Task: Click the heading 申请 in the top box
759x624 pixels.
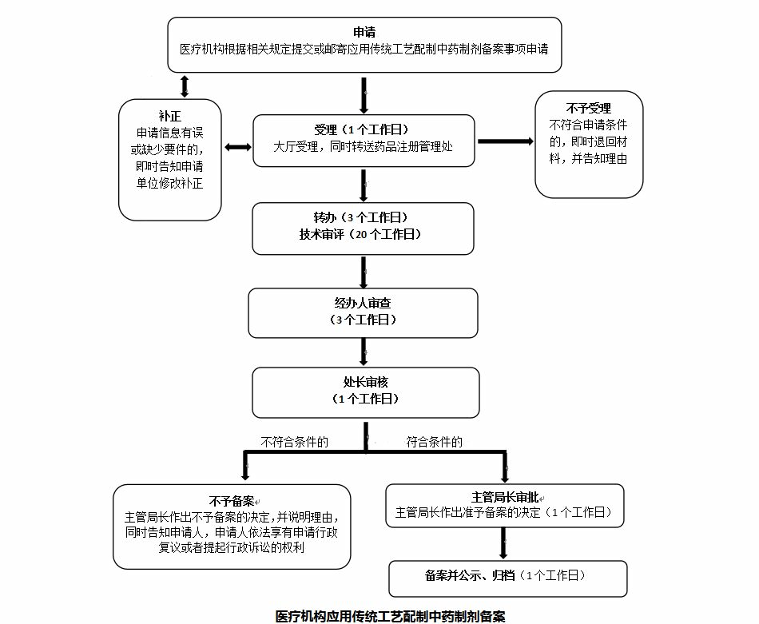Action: (x=364, y=32)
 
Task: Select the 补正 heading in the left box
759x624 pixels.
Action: (x=169, y=114)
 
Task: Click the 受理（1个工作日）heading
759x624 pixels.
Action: (x=364, y=130)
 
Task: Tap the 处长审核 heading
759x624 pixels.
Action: (x=365, y=382)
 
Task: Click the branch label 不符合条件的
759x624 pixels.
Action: (x=295, y=441)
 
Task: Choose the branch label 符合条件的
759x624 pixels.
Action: (x=434, y=441)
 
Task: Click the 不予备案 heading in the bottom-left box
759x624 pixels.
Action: (x=232, y=501)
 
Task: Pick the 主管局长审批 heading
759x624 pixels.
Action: (x=504, y=496)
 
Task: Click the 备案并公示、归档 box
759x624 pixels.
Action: (x=507, y=575)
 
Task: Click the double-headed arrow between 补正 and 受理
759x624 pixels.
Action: (x=237, y=148)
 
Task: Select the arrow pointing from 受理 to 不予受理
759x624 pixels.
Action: (x=506, y=141)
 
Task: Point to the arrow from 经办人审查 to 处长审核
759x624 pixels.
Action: (x=364, y=351)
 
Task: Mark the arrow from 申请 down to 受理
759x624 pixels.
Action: (x=364, y=96)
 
